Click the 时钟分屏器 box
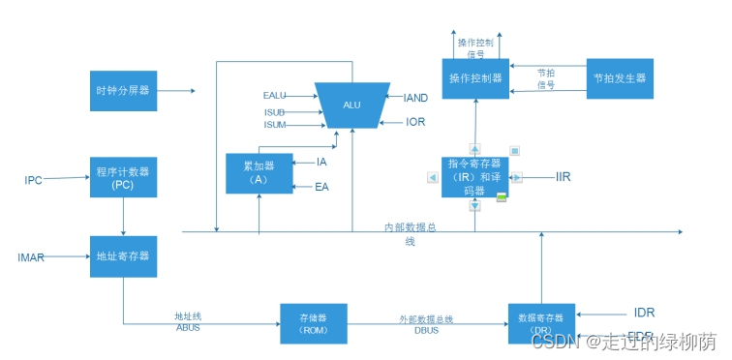tap(123, 91)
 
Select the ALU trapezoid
tap(351, 105)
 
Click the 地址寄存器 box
tap(123, 256)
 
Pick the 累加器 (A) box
tap(259, 173)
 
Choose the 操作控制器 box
tap(475, 77)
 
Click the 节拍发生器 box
tap(620, 77)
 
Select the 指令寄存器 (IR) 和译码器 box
tap(474, 177)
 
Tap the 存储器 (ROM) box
tap(313, 324)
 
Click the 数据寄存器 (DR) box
tap(541, 323)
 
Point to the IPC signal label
tap(34, 180)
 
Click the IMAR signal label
tap(32, 257)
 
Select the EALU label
tap(275, 96)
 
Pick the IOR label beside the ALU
tap(415, 123)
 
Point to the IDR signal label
tap(644, 313)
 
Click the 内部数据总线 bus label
tap(412, 232)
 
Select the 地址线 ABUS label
tap(187, 321)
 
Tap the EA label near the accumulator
tap(322, 186)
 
